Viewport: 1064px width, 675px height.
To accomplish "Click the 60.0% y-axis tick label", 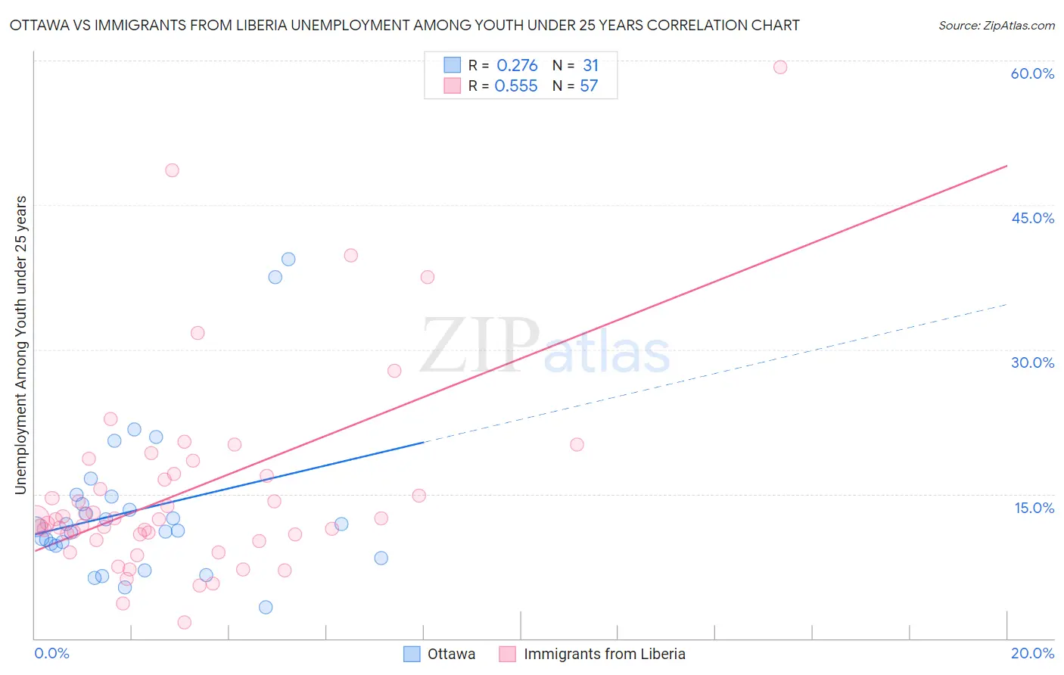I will [x=1032, y=73].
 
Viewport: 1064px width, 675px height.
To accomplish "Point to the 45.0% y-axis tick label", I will [x=1032, y=218].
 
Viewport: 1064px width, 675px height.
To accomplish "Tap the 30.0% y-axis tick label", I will [x=1032, y=362].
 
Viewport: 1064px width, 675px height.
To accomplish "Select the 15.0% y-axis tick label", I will [x=1034, y=508].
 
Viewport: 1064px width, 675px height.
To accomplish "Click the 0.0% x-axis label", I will [x=51, y=653].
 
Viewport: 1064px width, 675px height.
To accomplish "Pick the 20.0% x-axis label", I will [x=1032, y=653].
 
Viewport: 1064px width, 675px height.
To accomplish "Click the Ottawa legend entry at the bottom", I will [x=440, y=654].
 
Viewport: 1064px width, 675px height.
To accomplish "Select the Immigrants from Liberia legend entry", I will [x=593, y=654].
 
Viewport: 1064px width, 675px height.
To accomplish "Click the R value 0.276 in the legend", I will [x=517, y=66].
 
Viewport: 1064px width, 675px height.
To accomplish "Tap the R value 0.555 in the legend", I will [x=516, y=86].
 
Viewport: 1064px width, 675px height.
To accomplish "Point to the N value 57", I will [x=589, y=86].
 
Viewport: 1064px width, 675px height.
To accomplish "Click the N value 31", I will [x=590, y=66].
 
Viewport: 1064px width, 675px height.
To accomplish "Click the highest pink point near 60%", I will [x=780, y=67].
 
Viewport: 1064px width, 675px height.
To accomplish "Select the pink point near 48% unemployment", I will [x=172, y=170].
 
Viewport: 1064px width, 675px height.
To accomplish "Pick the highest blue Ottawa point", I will [x=288, y=259].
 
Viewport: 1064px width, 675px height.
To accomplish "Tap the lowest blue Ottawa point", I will [x=266, y=607].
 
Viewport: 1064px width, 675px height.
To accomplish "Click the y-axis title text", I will [x=21, y=345].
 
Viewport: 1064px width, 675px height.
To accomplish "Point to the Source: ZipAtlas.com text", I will [x=996, y=26].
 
